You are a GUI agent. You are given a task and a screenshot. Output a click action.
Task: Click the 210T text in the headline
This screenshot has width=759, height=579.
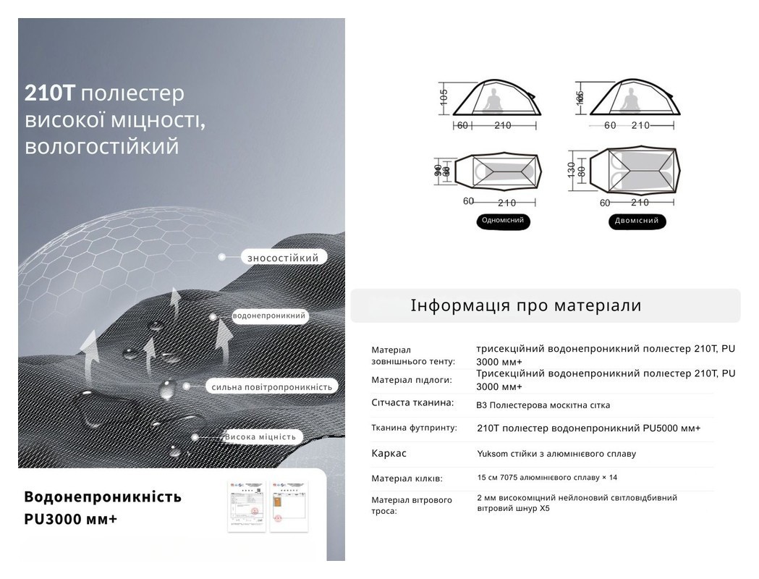tap(50, 94)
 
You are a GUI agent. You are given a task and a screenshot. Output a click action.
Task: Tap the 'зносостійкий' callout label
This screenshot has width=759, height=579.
tap(283, 257)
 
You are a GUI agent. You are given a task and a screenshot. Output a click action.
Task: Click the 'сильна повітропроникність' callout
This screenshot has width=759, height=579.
tap(272, 387)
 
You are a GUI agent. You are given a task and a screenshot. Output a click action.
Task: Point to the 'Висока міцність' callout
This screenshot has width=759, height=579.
tap(260, 436)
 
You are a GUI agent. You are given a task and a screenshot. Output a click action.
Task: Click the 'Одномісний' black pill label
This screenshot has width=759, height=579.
tap(503, 221)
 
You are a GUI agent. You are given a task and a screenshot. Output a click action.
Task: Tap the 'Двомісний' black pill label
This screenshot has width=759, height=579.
tap(637, 221)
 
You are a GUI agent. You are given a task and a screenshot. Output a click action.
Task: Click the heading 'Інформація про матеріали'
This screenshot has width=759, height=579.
tap(526, 305)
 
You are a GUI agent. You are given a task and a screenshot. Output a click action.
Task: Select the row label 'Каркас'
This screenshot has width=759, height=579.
tap(389, 454)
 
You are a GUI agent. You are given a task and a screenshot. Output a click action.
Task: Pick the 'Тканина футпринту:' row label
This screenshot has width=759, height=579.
tap(414, 428)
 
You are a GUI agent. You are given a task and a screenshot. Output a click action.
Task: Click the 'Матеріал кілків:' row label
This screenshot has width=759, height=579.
tap(407, 478)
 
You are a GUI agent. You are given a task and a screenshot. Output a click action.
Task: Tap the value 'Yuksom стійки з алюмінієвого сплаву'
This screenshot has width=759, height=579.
tap(556, 454)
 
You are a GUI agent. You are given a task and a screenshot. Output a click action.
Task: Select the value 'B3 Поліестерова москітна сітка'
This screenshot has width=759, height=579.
tap(543, 405)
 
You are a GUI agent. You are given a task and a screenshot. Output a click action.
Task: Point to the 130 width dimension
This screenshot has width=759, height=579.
tap(572, 169)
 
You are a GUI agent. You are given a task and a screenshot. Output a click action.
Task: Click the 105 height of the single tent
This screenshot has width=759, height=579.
tap(444, 96)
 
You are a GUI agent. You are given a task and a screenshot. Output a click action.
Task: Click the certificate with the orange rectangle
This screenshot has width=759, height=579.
tap(289, 505)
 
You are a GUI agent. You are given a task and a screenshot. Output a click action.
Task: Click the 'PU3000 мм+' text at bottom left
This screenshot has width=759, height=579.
tap(70, 520)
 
